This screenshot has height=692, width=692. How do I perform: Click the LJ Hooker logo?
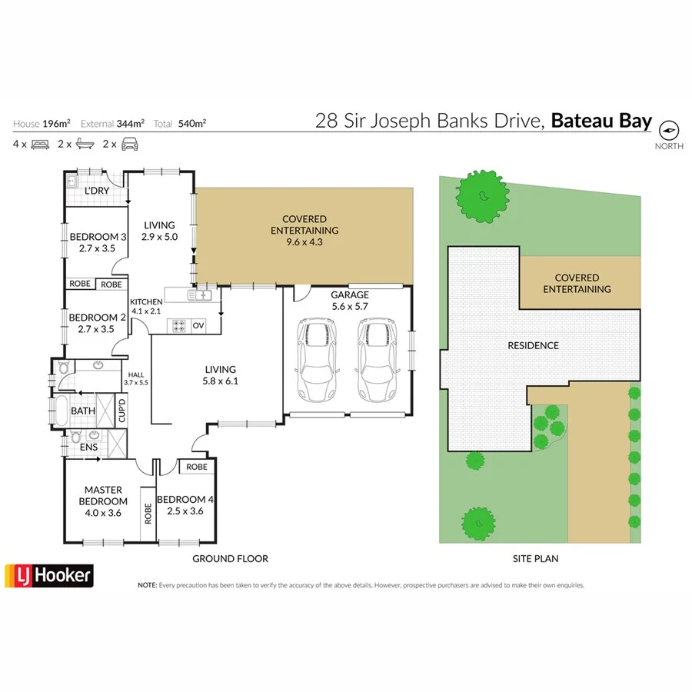49,575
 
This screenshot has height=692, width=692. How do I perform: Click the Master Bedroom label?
103,496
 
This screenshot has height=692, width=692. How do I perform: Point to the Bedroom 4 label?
185,504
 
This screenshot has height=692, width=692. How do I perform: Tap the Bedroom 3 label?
97,242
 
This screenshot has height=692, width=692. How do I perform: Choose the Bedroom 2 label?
97,323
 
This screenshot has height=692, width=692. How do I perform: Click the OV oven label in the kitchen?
198,325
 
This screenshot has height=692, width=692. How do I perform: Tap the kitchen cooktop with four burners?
179,325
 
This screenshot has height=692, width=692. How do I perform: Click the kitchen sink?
203,294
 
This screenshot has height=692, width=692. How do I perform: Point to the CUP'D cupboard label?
121,411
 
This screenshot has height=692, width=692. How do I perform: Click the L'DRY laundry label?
96,191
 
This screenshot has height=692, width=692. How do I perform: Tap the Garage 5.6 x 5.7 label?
350,300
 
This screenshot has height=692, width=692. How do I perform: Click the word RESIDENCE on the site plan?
533,345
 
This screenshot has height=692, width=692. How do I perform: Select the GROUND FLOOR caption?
230,559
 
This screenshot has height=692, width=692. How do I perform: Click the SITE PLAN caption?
535,559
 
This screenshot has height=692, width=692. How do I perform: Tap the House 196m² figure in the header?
42,123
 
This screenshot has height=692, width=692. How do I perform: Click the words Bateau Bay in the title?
602,121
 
